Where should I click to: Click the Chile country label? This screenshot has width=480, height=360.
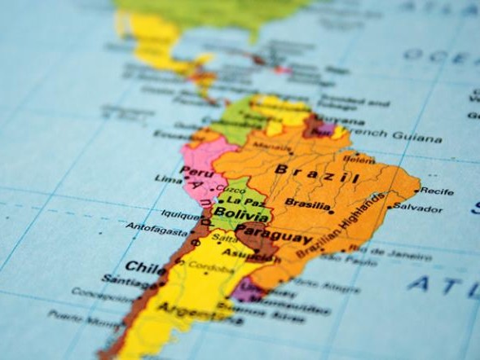(x=146, y=266)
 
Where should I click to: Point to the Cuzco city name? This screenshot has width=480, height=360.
(x=229, y=189)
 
